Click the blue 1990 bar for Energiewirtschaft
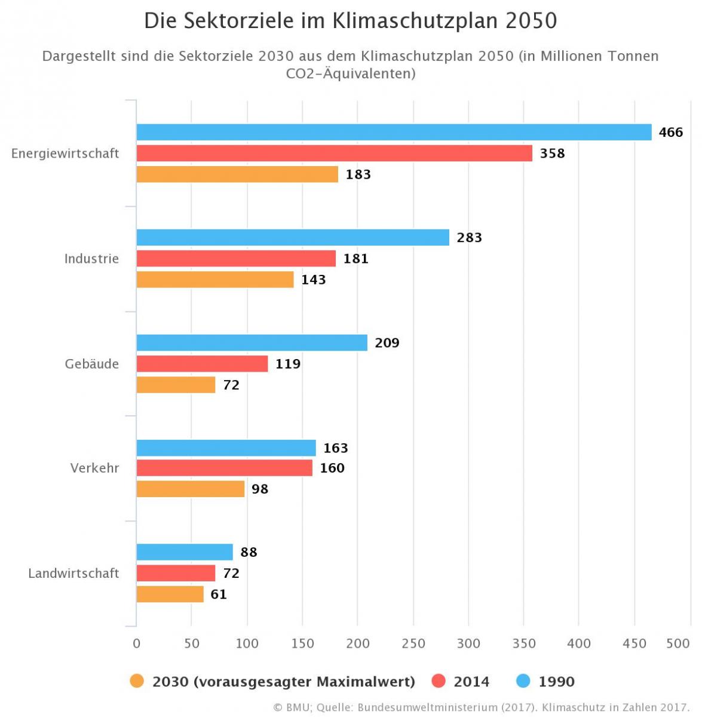(x=394, y=132)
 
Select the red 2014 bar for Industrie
(x=236, y=259)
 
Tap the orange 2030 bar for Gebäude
(x=176, y=385)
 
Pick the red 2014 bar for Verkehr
(x=224, y=468)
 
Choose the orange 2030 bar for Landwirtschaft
(x=170, y=595)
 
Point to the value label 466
(x=670, y=132)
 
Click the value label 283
(x=469, y=238)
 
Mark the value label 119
(x=288, y=364)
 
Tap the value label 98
(x=260, y=489)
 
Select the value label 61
(x=219, y=595)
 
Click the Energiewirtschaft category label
(x=65, y=154)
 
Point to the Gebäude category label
(x=91, y=364)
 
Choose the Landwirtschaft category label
(x=73, y=574)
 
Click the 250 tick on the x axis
(x=413, y=644)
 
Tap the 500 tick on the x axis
(x=678, y=644)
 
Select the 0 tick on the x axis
(x=137, y=644)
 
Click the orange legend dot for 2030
(x=137, y=681)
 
